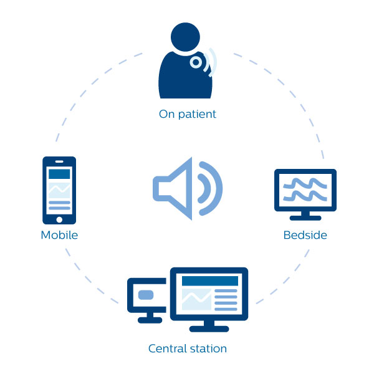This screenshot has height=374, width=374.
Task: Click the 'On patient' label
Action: click(187, 114)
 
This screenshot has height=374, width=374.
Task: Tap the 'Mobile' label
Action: click(59, 235)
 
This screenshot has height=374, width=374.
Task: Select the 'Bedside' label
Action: click(305, 235)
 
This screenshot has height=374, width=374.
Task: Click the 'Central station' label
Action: click(187, 348)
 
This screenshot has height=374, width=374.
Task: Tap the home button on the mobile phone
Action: click(59, 219)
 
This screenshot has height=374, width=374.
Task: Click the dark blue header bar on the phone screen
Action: click(59, 173)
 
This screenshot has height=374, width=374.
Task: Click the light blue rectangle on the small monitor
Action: click(146, 294)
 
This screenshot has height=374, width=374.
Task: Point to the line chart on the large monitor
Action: click(196, 299)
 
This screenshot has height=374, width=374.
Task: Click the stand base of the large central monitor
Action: click(209, 328)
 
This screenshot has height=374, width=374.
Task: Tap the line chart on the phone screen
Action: click(59, 189)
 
